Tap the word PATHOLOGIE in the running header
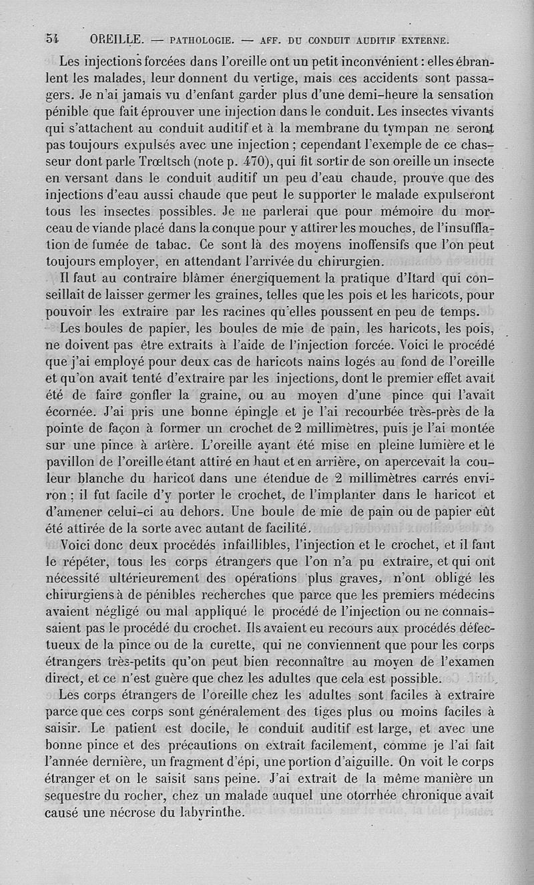[201, 39]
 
